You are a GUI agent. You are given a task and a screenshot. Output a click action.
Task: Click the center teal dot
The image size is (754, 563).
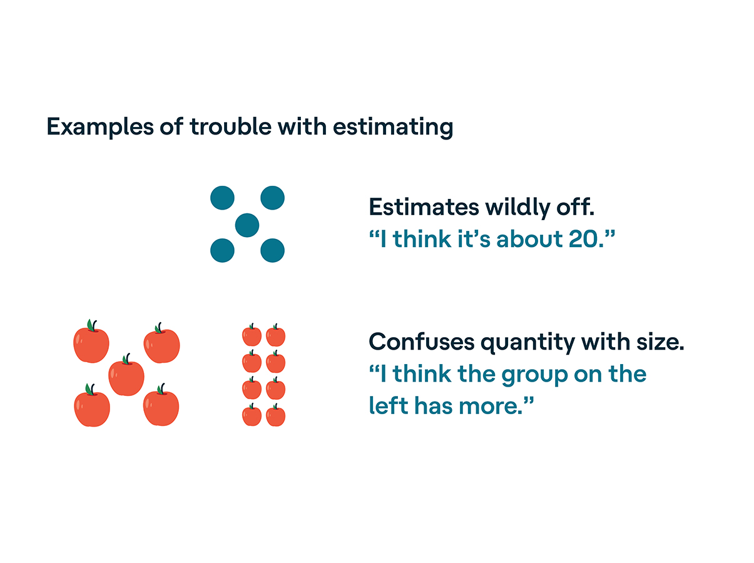[x=247, y=225]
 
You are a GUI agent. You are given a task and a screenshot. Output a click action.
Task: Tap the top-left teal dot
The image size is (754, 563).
[x=222, y=198]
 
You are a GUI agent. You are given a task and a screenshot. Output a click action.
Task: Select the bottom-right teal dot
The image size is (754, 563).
[x=272, y=250]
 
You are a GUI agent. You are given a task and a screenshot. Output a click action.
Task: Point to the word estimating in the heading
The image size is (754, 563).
[x=393, y=127]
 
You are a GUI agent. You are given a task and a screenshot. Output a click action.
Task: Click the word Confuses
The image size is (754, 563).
[x=420, y=342]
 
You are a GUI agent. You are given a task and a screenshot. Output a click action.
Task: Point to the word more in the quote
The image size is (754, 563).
[x=498, y=407]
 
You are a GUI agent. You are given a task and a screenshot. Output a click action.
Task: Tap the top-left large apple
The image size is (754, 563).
[x=91, y=344]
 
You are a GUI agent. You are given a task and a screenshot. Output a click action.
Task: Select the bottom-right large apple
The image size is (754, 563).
[x=161, y=407]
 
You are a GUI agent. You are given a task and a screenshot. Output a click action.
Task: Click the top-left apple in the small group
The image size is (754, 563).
[x=252, y=336]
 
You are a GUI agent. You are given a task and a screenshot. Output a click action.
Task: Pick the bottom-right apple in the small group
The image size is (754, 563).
[x=275, y=416]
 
